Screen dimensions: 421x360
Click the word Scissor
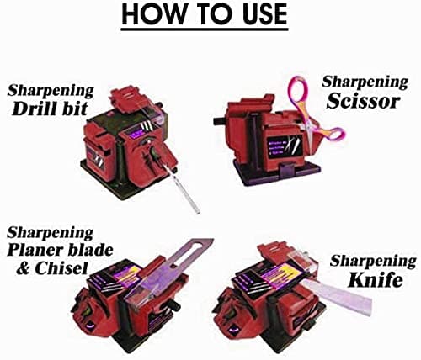364,101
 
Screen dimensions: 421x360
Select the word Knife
376,279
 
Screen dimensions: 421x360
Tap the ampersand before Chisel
24,268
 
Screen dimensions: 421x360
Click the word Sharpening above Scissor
365,83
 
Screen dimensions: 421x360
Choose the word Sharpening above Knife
373,262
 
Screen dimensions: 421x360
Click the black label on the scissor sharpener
284,147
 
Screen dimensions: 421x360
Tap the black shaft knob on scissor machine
221,121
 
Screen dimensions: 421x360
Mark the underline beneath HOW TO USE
205,29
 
